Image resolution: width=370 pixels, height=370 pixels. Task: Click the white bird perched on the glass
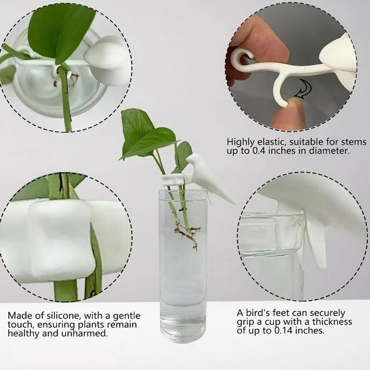coord(208,177)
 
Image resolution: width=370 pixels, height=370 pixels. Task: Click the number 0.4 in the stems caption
coord(259,151)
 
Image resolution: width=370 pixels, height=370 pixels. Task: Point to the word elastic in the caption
coord(271,142)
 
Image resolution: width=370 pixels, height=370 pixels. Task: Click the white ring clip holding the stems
coord(173,179)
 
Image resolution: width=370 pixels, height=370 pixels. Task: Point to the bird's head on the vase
coord(194,159)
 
